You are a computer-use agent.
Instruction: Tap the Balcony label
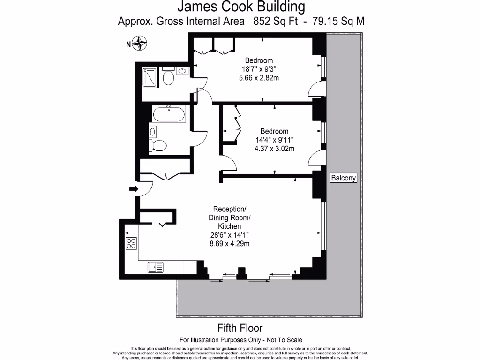tap(344, 178)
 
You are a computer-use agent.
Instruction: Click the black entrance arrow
tap(133, 189)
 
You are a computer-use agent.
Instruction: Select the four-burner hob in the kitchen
tap(131, 244)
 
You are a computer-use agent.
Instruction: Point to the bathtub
tap(169, 114)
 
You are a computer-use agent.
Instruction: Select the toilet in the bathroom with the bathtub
tap(158, 146)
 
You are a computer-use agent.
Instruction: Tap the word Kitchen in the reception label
tap(230, 226)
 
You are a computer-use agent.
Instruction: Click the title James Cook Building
tap(241, 7)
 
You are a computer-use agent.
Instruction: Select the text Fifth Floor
tap(240, 328)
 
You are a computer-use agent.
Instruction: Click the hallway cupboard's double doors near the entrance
tap(165, 176)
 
